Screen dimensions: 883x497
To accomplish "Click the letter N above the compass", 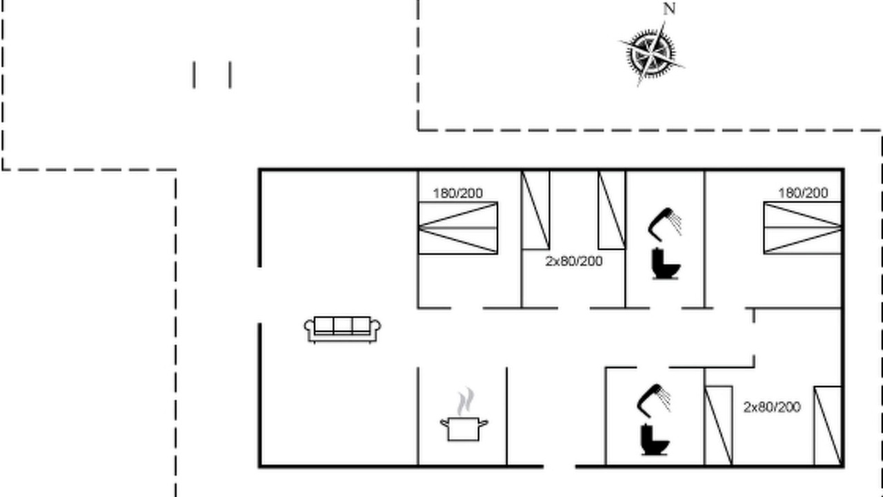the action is pyautogui.click(x=669, y=9).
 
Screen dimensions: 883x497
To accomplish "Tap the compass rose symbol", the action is pyautogui.click(x=651, y=54).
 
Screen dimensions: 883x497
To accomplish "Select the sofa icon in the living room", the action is pyautogui.click(x=342, y=330).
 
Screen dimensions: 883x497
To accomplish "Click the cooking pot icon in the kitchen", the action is pyautogui.click(x=464, y=429).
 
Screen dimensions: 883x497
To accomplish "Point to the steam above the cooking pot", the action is pyautogui.click(x=466, y=401).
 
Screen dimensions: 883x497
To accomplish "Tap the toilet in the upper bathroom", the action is pyautogui.click(x=666, y=264).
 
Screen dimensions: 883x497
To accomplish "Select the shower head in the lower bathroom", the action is pyautogui.click(x=653, y=400).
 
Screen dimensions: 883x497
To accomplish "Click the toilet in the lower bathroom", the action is pyautogui.click(x=655, y=440).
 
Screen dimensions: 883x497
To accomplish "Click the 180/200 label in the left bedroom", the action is pyautogui.click(x=457, y=193).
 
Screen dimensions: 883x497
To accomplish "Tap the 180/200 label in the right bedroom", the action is pyautogui.click(x=803, y=193).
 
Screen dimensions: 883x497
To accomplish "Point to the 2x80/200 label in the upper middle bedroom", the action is pyautogui.click(x=574, y=261).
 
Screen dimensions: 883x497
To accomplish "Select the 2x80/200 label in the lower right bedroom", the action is pyautogui.click(x=772, y=407).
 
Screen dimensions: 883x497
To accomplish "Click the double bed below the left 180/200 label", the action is pyautogui.click(x=457, y=228).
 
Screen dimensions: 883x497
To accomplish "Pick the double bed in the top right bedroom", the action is pyautogui.click(x=803, y=228).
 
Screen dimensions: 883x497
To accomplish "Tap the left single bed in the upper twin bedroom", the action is pyautogui.click(x=535, y=210).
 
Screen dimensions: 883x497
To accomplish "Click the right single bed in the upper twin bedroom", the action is pyautogui.click(x=611, y=210).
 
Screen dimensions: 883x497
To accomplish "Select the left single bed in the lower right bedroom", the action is pyautogui.click(x=719, y=426).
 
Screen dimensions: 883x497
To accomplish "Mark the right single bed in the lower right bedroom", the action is pyautogui.click(x=829, y=426).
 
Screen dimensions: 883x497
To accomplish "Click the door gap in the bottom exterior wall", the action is pyautogui.click(x=559, y=467).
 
